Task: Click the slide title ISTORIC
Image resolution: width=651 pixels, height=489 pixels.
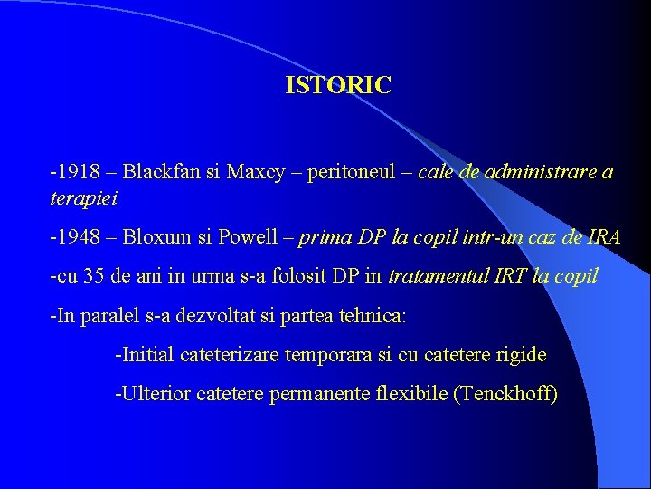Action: tap(338, 86)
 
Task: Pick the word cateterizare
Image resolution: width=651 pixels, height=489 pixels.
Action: tap(230, 355)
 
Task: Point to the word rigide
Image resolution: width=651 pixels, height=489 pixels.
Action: tap(521, 355)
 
